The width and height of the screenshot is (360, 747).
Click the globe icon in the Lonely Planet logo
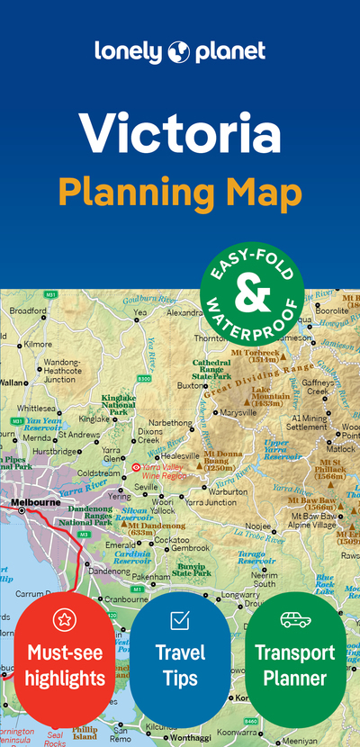(176, 52)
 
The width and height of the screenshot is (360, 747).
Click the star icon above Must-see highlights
(64, 619)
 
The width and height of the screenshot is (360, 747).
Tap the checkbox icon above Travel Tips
(179, 620)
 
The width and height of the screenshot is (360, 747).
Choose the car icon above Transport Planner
(294, 620)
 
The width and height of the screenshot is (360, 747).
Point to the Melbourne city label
(35, 501)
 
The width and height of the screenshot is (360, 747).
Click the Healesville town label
(179, 456)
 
